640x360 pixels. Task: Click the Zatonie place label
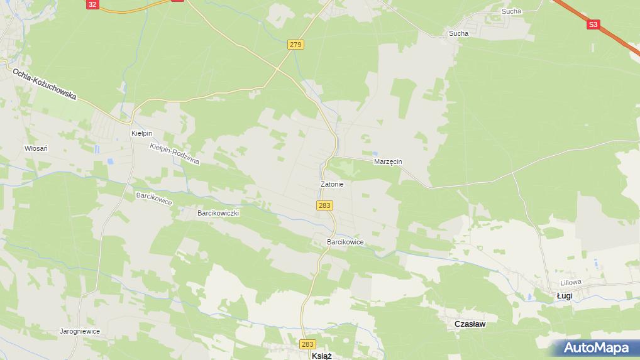pyautogui.click(x=331, y=184)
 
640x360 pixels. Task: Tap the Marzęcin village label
pyautogui.click(x=388, y=161)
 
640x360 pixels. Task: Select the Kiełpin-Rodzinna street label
pyautogui.click(x=175, y=154)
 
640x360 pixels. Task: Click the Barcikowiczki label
pyautogui.click(x=218, y=213)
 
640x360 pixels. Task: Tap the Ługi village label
pyautogui.click(x=564, y=296)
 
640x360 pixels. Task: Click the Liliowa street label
pyautogui.click(x=571, y=283)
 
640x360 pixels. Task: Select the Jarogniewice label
pyautogui.click(x=80, y=331)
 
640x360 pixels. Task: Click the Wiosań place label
pyautogui.click(x=36, y=148)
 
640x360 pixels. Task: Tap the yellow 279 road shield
pyautogui.click(x=296, y=45)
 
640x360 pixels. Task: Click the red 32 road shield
pyautogui.click(x=92, y=4)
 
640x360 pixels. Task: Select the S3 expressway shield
pyautogui.click(x=593, y=25)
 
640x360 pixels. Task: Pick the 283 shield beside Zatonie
pyautogui.click(x=324, y=205)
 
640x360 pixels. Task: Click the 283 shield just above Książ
pyautogui.click(x=307, y=344)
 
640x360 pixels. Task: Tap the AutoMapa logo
pyautogui.click(x=596, y=347)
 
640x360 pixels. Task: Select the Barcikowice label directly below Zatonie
pyautogui.click(x=345, y=242)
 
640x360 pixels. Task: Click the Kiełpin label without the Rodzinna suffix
pyautogui.click(x=141, y=133)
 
